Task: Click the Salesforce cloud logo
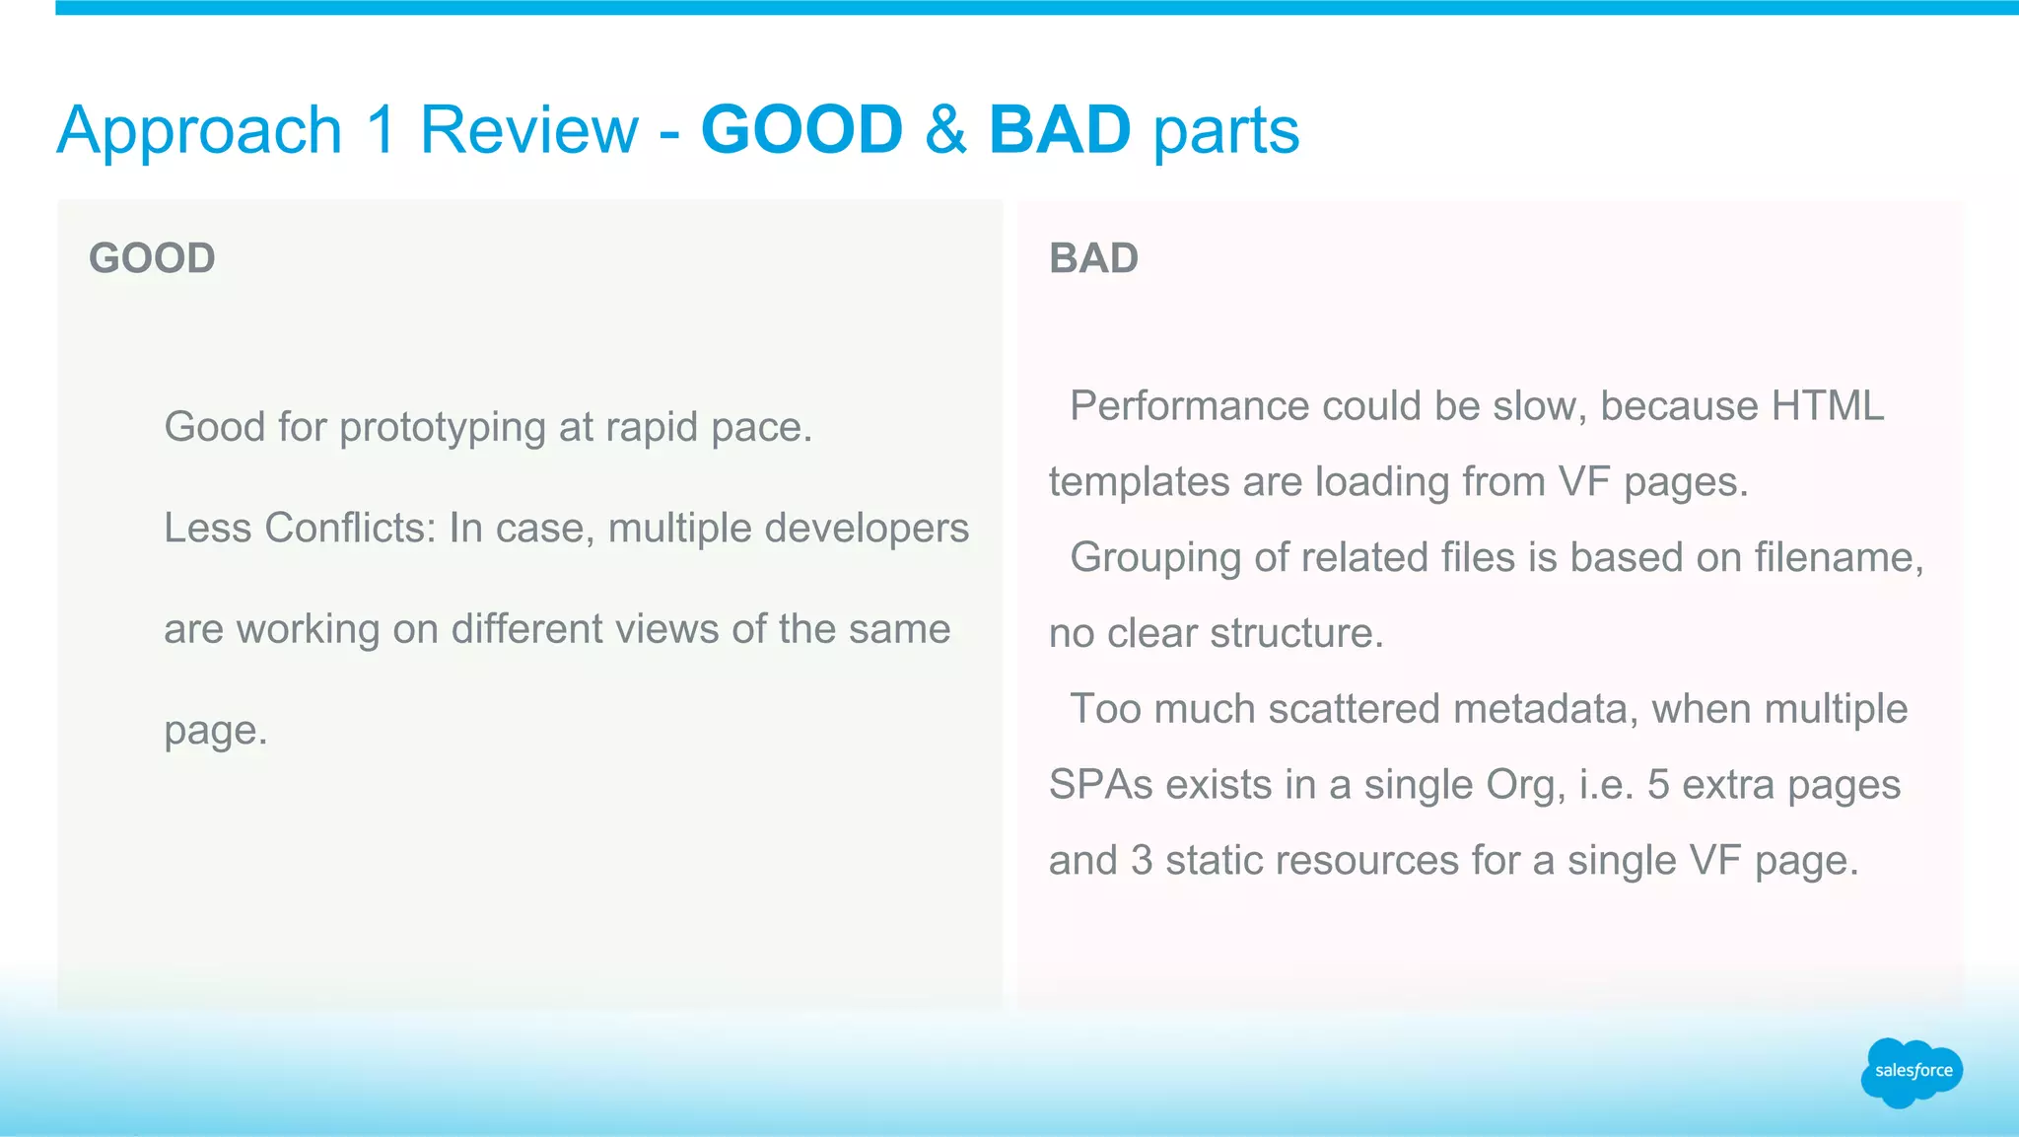[1912, 1071]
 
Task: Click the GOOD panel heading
[152, 258]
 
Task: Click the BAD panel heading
[1093, 258]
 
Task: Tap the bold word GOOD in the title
[801, 130]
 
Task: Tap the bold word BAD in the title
[1059, 130]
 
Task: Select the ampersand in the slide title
[945, 130]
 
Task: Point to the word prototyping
[443, 428]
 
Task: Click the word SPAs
[1100, 785]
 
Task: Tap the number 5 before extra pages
[1658, 785]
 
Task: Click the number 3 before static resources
[1142, 861]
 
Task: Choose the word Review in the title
[529, 130]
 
